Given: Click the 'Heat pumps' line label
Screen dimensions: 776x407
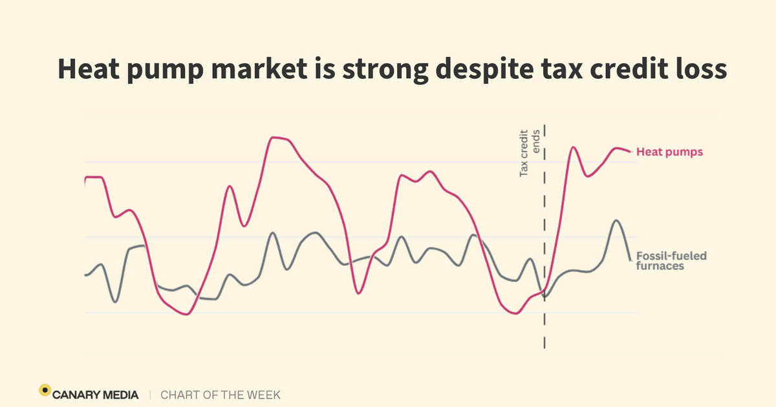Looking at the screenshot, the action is click(x=669, y=152).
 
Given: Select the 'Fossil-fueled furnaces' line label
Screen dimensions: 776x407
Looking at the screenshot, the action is click(x=671, y=261).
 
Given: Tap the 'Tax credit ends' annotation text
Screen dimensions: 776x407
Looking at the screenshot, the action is click(x=530, y=153).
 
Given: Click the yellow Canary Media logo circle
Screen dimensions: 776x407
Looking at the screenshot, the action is click(x=45, y=390).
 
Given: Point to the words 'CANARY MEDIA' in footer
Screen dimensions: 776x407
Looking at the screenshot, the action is click(x=95, y=395).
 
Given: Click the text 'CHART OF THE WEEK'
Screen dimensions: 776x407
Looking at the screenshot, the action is click(x=221, y=395).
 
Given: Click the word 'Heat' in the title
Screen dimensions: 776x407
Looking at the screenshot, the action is click(x=89, y=69).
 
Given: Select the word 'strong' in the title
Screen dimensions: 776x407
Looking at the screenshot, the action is click(x=385, y=70).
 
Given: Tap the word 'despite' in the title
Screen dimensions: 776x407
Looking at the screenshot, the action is click(x=484, y=70).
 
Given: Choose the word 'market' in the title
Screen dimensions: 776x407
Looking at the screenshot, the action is click(x=259, y=69).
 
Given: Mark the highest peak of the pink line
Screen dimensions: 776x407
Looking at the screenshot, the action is click(x=274, y=138).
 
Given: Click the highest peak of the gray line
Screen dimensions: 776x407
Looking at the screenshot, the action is click(x=616, y=220).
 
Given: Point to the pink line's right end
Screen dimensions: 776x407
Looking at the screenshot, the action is click(x=630, y=152).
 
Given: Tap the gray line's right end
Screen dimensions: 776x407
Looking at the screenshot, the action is click(x=630, y=260).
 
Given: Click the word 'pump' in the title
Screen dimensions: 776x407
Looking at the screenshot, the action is click(x=166, y=71).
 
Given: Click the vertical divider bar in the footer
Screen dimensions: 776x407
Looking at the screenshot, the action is click(x=150, y=395).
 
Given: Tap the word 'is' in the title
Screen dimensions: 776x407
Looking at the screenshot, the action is click(x=325, y=69).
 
